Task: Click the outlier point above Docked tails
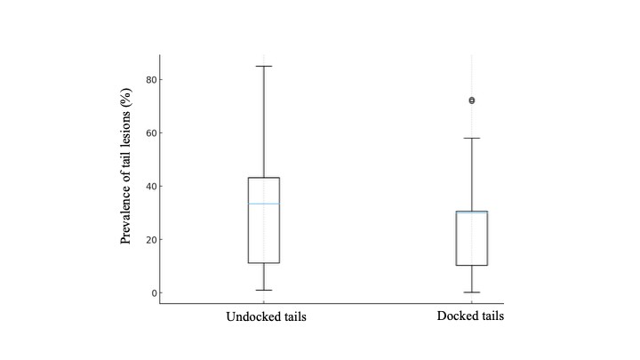[x=471, y=100]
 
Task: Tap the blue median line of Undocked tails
[x=263, y=204]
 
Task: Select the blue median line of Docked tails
[x=471, y=212]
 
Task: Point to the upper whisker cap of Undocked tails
[x=263, y=66]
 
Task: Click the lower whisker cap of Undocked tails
[x=263, y=290]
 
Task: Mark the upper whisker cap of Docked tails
[x=471, y=138]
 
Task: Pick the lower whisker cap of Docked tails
[x=471, y=292]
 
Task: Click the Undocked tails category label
[x=266, y=317]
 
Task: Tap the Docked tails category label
[x=471, y=316]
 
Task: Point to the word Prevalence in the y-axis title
[x=129, y=215]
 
